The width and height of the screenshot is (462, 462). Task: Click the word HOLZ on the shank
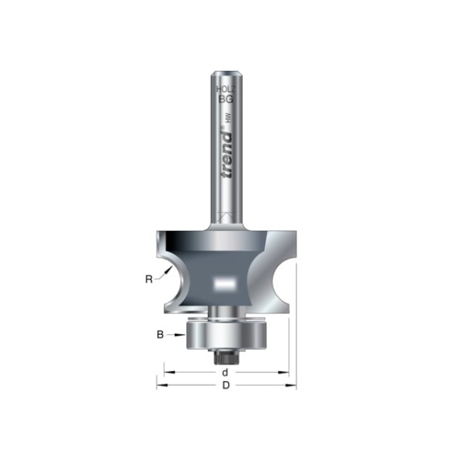(x=224, y=90)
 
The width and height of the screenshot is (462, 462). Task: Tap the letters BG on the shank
(x=225, y=99)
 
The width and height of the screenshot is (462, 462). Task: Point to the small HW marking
(x=229, y=119)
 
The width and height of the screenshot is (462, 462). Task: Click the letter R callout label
(x=149, y=280)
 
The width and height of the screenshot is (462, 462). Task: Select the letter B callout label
(x=160, y=334)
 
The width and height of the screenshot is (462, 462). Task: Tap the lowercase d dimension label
(x=225, y=372)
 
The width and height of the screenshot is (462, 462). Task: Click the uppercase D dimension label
(x=226, y=386)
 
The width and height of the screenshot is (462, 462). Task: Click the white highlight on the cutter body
(x=226, y=283)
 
